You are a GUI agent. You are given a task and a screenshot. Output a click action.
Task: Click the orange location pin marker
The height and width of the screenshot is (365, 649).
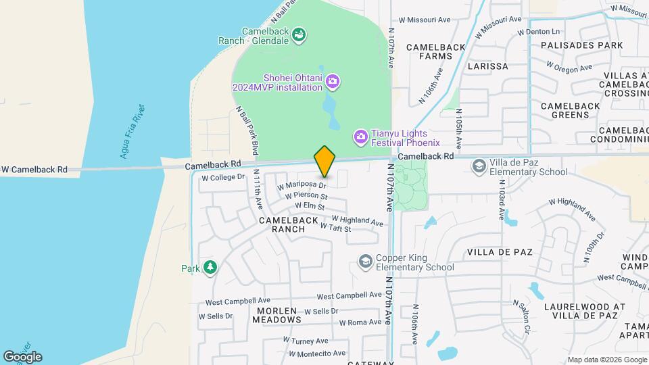tap(324, 161)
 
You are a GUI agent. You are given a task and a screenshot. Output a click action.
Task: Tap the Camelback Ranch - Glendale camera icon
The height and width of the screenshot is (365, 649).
tap(299, 34)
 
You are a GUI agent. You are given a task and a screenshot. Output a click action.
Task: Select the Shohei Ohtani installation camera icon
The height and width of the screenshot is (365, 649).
tap(332, 82)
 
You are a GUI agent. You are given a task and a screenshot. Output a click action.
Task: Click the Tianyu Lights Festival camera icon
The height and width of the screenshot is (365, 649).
tap(361, 137)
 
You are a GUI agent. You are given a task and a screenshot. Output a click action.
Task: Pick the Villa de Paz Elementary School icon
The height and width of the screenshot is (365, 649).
tap(479, 166)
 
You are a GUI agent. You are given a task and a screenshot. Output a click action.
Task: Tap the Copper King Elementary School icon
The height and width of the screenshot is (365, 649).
tap(366, 262)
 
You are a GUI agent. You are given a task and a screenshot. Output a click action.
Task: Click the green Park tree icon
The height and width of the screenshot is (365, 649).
tap(210, 268)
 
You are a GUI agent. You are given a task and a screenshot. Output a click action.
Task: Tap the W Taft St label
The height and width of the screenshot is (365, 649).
tap(335, 228)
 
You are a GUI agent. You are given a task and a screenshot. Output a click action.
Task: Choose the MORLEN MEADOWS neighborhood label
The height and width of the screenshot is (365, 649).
tap(279, 315)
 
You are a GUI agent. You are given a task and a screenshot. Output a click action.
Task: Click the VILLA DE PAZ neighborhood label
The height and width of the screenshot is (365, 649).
tap(500, 252)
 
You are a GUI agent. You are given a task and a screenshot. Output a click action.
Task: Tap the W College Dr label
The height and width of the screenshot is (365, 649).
tap(222, 177)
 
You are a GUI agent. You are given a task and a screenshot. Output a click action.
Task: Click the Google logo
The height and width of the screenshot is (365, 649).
tap(22, 356)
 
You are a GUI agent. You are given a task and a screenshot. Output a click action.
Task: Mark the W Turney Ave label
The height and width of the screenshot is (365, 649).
tap(305, 341)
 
